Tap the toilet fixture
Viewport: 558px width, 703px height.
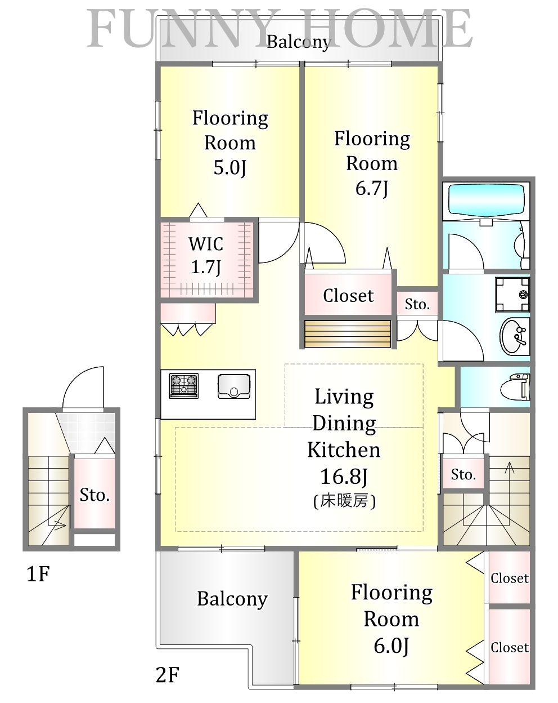coord(519,386)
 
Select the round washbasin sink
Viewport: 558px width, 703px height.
coord(514,336)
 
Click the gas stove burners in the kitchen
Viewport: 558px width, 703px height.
coord(184,386)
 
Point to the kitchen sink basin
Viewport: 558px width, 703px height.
coord(233,386)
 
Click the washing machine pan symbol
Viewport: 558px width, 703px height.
coord(512,294)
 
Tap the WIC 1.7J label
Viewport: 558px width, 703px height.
coord(206,255)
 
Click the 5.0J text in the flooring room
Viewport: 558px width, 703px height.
coord(229,168)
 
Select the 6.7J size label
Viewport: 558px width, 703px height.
coord(372,188)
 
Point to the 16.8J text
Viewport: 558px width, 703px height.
coord(343,477)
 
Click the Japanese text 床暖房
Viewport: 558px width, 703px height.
coord(344,501)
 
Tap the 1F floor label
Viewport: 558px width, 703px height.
coord(38,575)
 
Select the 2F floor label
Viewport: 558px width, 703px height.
coord(166,674)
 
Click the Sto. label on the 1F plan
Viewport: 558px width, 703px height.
coord(94,495)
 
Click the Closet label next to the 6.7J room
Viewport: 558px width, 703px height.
coord(348,296)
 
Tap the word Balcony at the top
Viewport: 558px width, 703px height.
coord(298,42)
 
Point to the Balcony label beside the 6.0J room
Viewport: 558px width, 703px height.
coord(232,599)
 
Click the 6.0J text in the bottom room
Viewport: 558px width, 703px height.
coord(391,646)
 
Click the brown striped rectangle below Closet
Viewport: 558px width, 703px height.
coord(347,334)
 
